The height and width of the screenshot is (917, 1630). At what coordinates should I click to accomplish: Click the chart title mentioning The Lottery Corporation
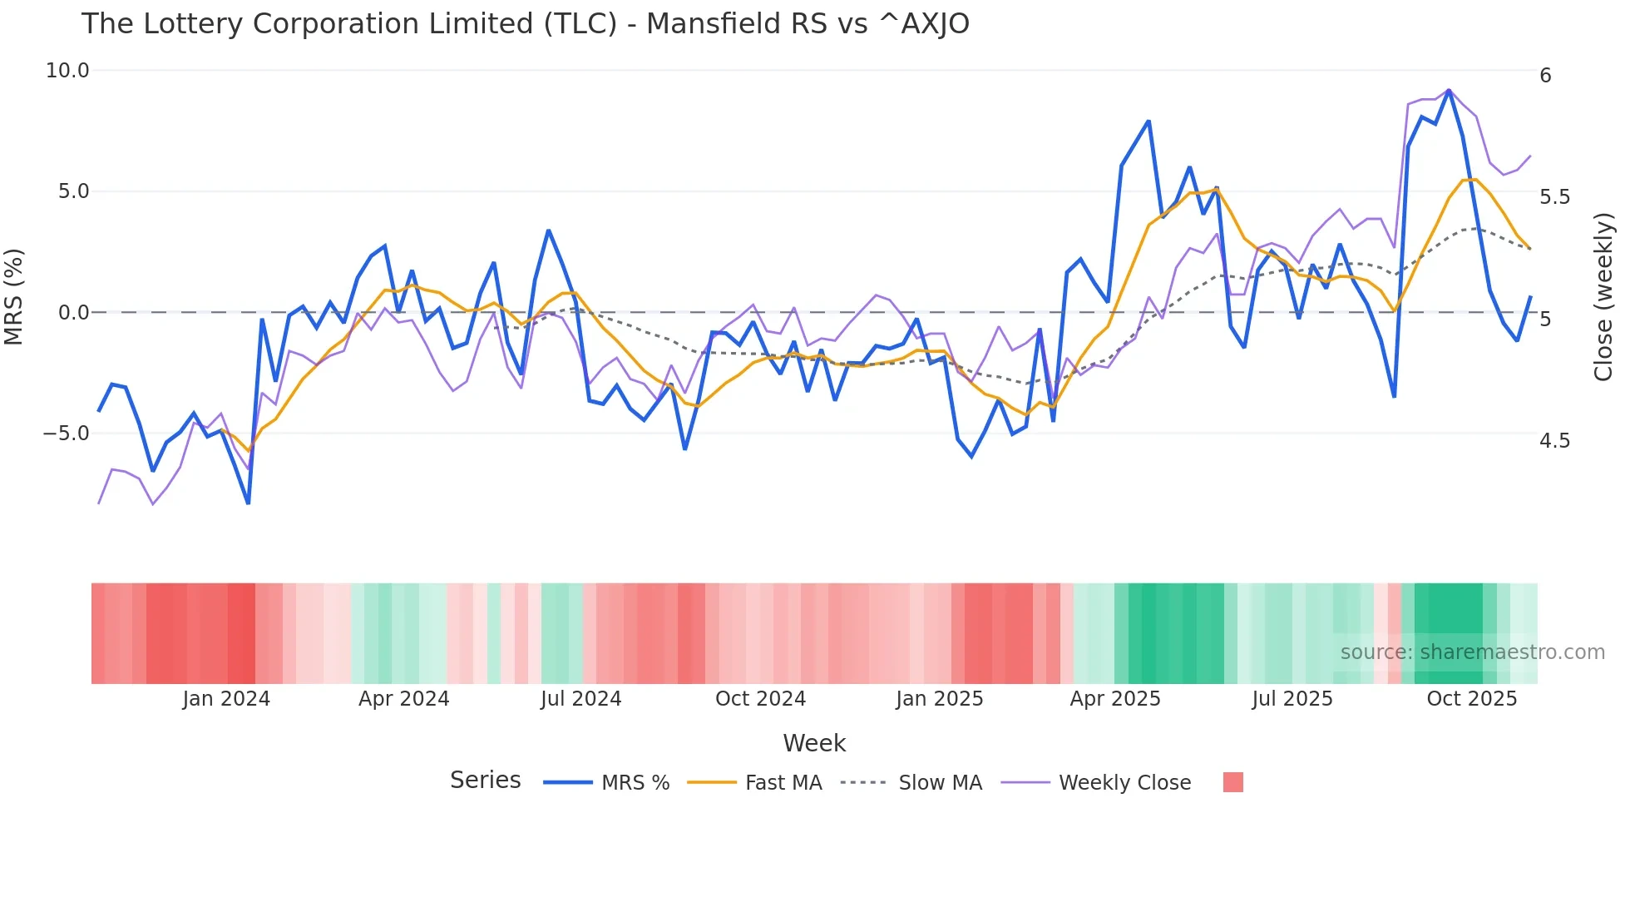click(525, 24)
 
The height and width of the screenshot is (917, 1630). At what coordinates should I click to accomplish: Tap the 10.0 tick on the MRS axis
click(67, 71)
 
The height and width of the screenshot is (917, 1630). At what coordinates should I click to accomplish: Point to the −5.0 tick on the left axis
click(66, 434)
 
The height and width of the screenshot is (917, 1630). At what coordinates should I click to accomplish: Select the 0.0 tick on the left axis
click(73, 313)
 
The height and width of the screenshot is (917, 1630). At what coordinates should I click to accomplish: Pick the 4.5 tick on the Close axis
click(1554, 441)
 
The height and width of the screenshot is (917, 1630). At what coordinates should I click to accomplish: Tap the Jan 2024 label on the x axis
click(226, 699)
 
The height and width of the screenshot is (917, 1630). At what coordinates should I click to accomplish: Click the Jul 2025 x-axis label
click(1292, 699)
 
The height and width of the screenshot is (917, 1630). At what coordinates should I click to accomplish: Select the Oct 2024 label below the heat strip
click(760, 699)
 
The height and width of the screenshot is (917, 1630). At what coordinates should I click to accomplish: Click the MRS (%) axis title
click(14, 296)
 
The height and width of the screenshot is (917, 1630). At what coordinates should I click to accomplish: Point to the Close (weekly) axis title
click(1603, 296)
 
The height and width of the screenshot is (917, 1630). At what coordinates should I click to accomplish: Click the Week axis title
click(814, 743)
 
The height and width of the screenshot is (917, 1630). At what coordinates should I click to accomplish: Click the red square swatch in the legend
click(1232, 782)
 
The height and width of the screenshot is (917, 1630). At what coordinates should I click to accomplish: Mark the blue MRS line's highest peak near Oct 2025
click(1449, 91)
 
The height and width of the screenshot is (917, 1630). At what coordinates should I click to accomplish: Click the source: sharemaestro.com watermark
click(1472, 652)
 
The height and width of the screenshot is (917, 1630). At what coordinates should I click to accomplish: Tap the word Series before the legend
click(485, 781)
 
